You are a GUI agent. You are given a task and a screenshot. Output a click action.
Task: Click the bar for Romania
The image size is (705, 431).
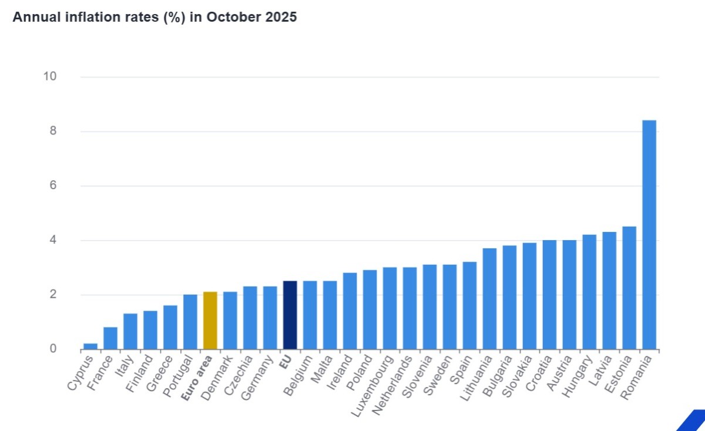649,235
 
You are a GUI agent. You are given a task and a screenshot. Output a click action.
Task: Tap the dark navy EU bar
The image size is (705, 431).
290,315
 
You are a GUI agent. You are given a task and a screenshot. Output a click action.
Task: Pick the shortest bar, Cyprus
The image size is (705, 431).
90,346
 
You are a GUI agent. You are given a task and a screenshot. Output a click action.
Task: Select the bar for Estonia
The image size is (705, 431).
629,288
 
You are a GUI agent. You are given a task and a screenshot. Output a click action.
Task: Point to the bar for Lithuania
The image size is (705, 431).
489,299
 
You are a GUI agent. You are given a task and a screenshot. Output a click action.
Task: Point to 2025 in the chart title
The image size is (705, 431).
280,17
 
